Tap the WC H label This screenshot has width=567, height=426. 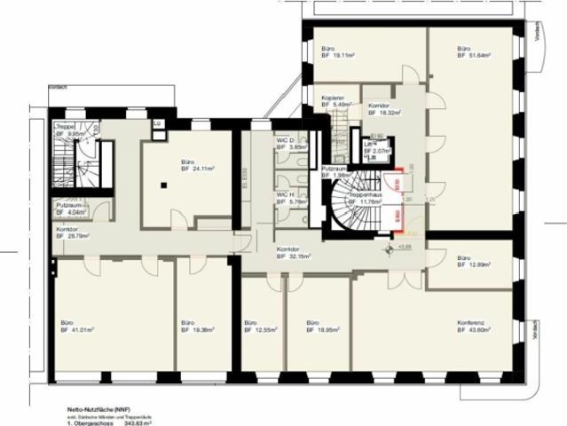pos(287,194)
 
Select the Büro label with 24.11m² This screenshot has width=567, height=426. pos(188,162)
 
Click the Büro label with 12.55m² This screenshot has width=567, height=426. pos(250,322)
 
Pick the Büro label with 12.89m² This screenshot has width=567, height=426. pos(464,258)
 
